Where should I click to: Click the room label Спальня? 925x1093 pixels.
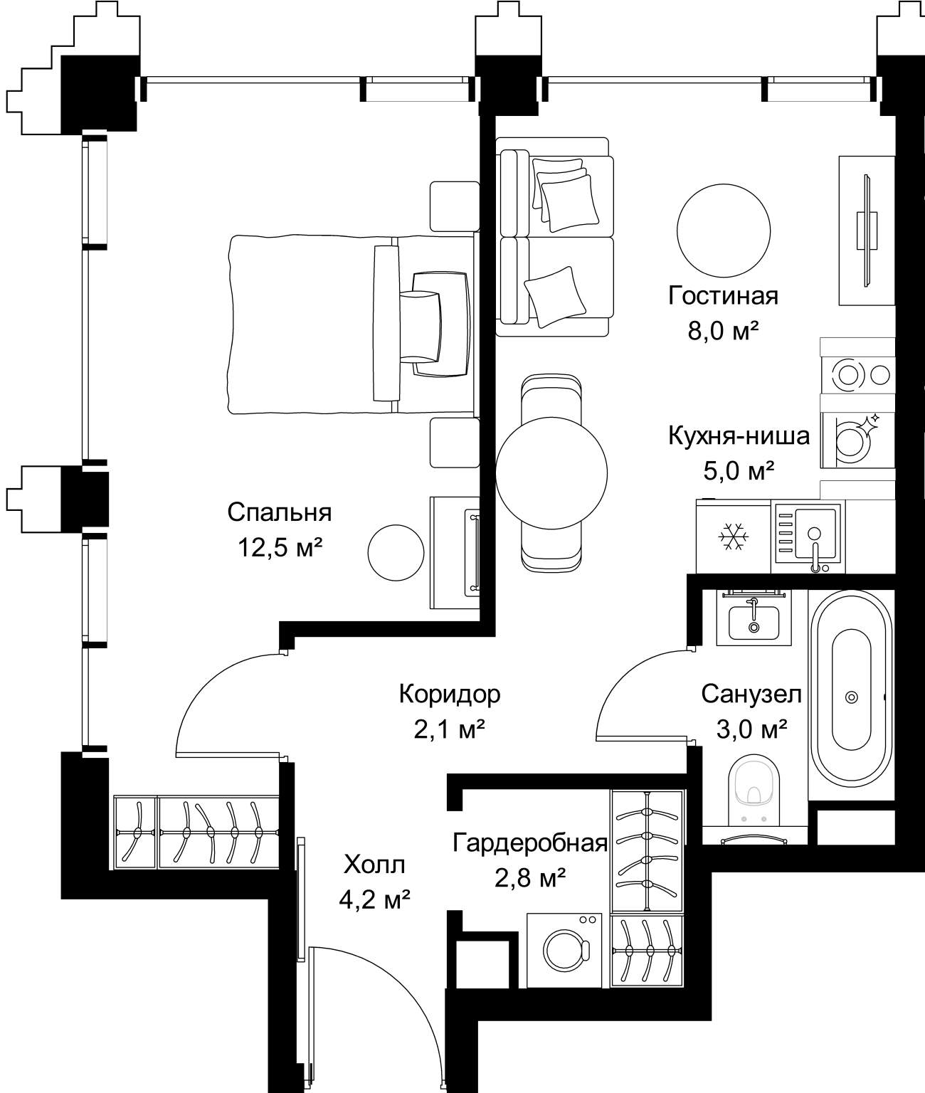(279, 512)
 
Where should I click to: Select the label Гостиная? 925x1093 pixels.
(723, 295)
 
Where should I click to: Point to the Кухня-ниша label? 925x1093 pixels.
(739, 435)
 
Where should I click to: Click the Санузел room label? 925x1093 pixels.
(751, 695)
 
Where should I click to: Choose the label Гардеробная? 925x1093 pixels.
(530, 843)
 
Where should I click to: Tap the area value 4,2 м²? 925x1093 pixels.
(374, 899)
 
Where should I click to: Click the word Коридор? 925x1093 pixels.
(450, 695)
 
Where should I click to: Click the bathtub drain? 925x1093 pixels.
(852, 697)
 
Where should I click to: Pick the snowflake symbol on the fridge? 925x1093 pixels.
(734, 537)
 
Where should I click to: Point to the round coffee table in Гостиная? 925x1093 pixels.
(724, 230)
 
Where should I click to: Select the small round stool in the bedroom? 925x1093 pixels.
(396, 553)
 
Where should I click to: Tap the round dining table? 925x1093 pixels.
(551, 472)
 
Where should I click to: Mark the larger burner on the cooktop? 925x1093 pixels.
(848, 376)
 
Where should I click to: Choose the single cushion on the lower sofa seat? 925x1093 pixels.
(555, 297)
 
